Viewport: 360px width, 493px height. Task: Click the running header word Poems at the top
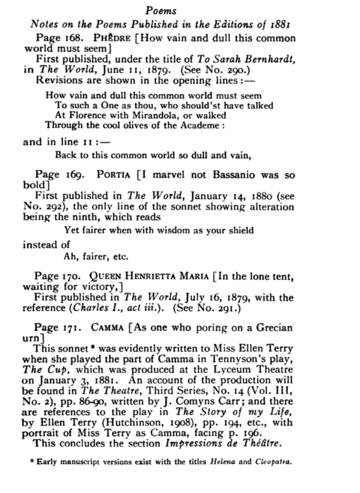coord(161,11)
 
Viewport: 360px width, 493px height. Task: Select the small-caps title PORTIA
coord(114,175)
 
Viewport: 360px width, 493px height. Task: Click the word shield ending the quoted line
coord(241,230)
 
